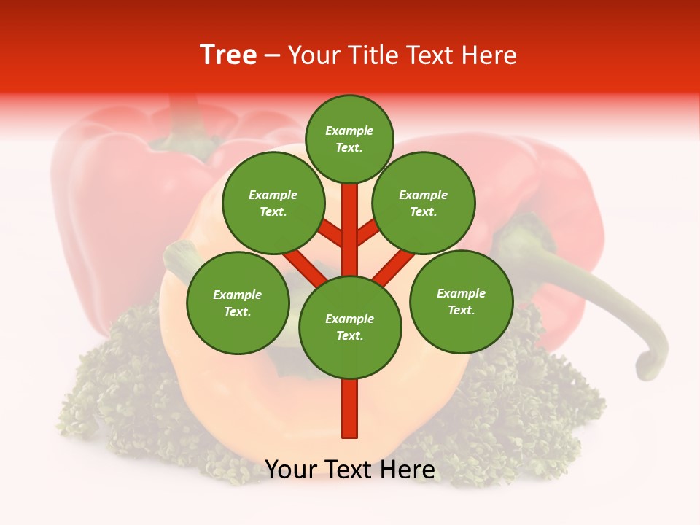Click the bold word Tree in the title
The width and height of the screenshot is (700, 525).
pyautogui.click(x=228, y=55)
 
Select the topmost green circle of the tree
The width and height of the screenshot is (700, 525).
pyautogui.click(x=349, y=139)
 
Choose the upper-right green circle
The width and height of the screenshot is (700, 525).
pyautogui.click(x=424, y=203)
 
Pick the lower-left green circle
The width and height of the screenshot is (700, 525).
pyautogui.click(x=238, y=303)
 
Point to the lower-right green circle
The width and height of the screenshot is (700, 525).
pyautogui.click(x=461, y=301)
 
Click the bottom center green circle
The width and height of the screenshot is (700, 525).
pyautogui.click(x=350, y=327)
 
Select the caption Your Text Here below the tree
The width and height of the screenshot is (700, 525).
pyautogui.click(x=350, y=470)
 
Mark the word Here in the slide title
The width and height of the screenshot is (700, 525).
pyautogui.click(x=491, y=55)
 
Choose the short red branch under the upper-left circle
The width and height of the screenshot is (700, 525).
pyautogui.click(x=330, y=233)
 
